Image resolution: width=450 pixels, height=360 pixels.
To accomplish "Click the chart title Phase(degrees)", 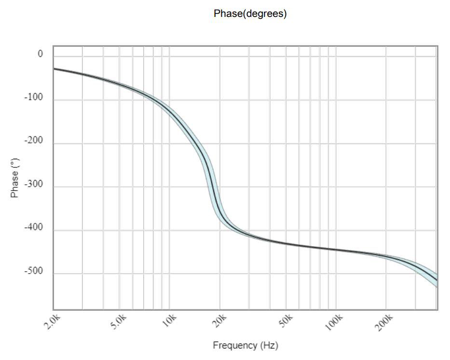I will click(250, 14).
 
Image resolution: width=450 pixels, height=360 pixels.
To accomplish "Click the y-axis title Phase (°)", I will click(15, 178).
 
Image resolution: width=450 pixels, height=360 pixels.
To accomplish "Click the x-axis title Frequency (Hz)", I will click(245, 346).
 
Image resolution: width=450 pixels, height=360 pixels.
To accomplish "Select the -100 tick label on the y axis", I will click(34, 97).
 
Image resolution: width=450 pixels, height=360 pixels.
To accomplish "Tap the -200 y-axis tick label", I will click(34, 141).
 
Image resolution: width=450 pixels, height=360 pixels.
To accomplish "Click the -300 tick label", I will click(34, 184).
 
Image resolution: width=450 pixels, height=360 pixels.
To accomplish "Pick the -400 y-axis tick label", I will click(34, 228).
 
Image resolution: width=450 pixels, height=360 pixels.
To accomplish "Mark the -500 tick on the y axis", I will click(34, 271).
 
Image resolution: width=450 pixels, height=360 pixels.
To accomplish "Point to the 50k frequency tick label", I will click(286, 320).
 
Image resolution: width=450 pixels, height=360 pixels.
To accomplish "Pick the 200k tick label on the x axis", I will click(385, 322).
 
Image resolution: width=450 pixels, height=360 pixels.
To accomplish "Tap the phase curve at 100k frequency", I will click(336, 249).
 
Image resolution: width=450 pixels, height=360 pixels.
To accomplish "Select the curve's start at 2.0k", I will click(54, 69).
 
